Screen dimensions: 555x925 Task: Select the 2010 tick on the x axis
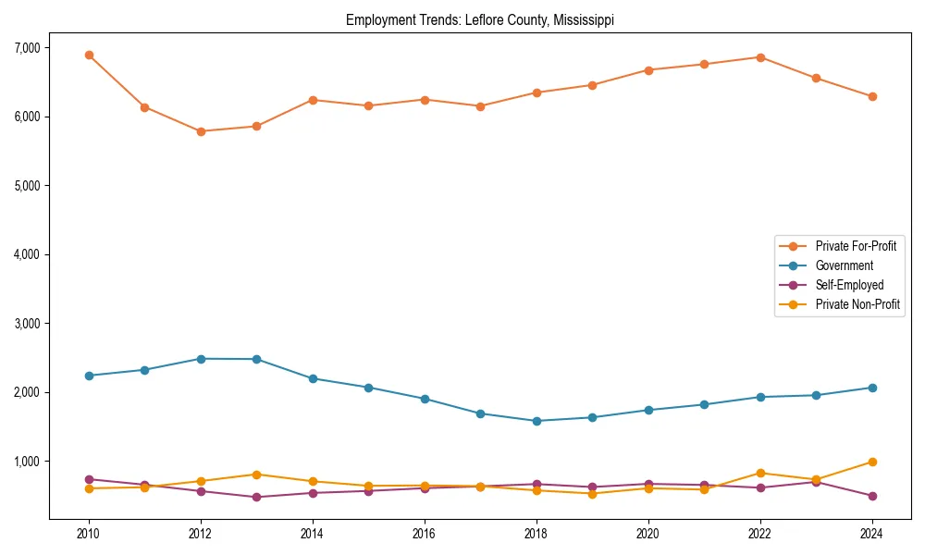tap(89, 534)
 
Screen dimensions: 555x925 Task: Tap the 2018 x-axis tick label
tap(536, 534)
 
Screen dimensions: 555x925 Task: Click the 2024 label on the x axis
tap(872, 534)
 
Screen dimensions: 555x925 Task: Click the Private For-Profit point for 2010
tap(89, 55)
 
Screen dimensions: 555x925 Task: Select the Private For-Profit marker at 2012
tap(201, 131)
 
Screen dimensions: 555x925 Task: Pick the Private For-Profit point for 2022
tap(760, 57)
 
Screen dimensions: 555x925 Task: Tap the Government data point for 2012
tap(201, 359)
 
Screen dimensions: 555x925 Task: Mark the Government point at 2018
tap(536, 421)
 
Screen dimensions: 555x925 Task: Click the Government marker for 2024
tap(872, 388)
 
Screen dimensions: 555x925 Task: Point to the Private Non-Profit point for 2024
tap(872, 462)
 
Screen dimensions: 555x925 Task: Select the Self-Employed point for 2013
tap(256, 497)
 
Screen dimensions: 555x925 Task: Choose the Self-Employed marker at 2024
tap(872, 496)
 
